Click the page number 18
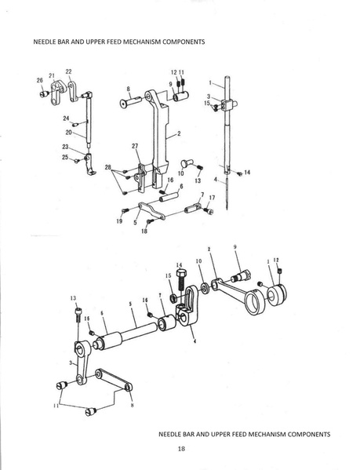180,449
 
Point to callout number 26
39,80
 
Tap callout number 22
68,71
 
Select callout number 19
119,222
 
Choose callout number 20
69,132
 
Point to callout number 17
213,198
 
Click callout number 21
52,75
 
